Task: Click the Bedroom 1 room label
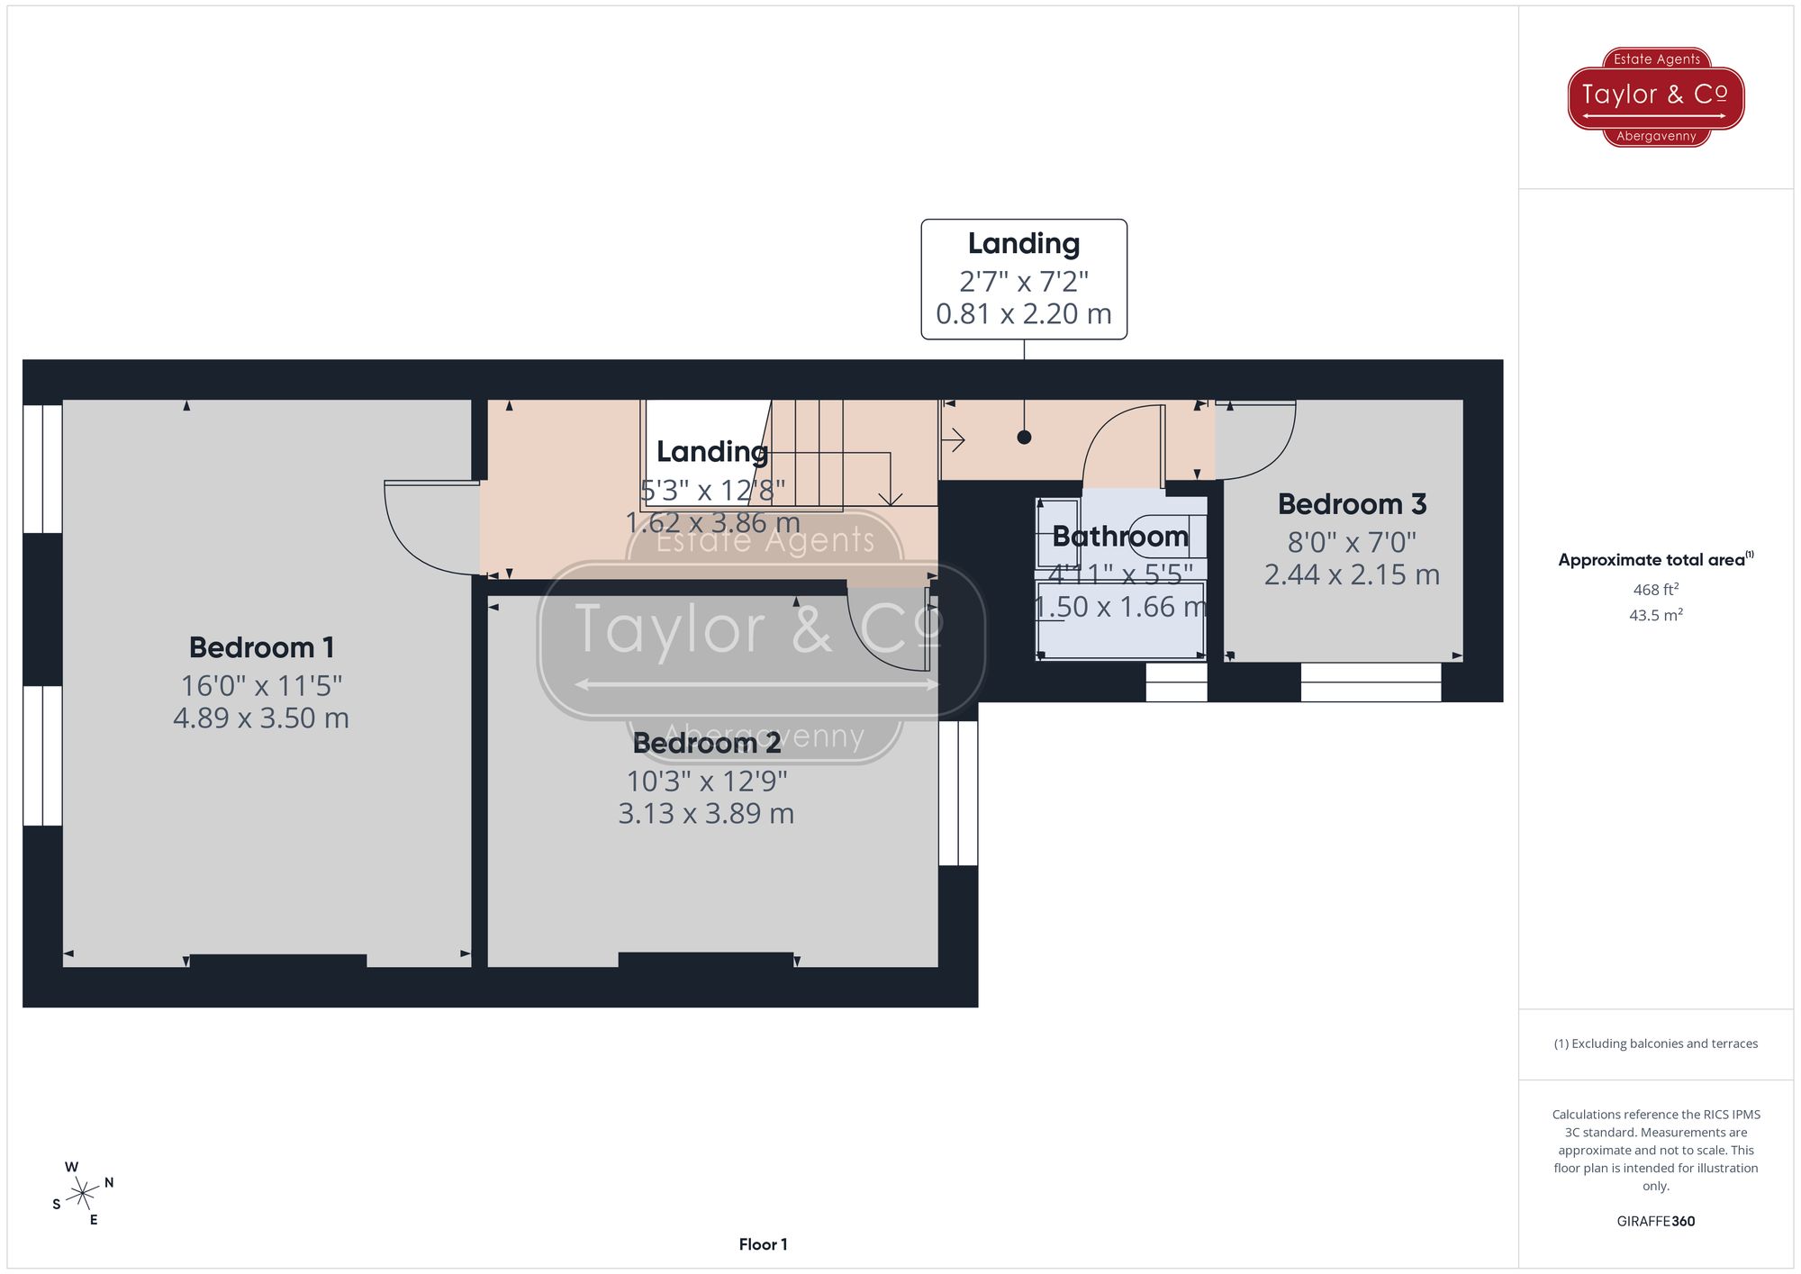[x=261, y=647]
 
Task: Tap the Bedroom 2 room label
[x=706, y=743]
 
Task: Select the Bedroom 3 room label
[x=1352, y=504]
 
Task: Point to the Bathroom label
[x=1119, y=537]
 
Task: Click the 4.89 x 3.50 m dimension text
[x=261, y=718]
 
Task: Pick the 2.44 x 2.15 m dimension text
[x=1352, y=574]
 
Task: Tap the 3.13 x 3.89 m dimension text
[x=706, y=814]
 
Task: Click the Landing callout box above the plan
[x=1024, y=279]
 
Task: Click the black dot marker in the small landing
[x=1024, y=438]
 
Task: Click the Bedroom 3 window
[x=1371, y=682]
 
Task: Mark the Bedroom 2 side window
[x=958, y=792]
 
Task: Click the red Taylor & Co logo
[x=1655, y=96]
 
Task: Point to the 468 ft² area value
[x=1655, y=590]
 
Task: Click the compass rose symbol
[x=83, y=1194]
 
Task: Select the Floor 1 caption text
[x=763, y=1244]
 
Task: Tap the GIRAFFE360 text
[x=1655, y=1222]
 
